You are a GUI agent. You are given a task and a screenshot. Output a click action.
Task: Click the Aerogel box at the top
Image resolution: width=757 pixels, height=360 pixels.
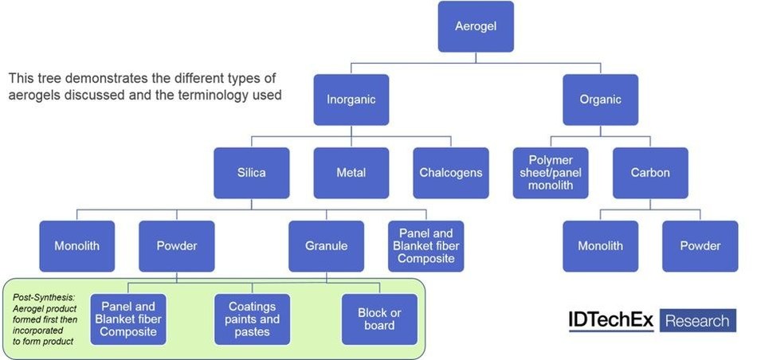click(476, 27)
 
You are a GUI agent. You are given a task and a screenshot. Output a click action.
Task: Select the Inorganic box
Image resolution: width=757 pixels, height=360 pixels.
click(351, 100)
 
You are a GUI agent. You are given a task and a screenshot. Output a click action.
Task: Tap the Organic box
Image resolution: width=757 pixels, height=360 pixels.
click(600, 100)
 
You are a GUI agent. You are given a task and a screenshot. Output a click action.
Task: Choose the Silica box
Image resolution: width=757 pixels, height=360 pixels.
click(252, 172)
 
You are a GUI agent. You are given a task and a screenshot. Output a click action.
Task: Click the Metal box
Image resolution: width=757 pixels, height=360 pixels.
click(351, 172)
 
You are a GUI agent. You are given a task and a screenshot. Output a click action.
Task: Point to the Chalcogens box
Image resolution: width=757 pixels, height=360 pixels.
click(450, 172)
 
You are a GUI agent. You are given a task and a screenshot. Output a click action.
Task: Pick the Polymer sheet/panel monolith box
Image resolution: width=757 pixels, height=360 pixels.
click(551, 172)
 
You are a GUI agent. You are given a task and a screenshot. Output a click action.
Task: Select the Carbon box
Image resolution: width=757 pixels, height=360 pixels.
click(650, 172)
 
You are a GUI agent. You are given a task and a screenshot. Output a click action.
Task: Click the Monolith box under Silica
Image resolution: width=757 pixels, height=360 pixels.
click(77, 246)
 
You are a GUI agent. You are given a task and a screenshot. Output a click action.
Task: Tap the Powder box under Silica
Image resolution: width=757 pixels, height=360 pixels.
click(177, 246)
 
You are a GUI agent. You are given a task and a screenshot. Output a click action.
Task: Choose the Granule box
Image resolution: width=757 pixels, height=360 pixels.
click(327, 246)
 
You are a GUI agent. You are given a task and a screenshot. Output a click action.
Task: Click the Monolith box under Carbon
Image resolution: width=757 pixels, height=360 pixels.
click(600, 246)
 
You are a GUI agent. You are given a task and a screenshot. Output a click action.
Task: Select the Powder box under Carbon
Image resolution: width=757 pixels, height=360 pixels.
click(700, 246)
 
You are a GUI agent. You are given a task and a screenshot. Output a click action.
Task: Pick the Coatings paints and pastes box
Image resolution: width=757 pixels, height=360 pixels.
click(252, 319)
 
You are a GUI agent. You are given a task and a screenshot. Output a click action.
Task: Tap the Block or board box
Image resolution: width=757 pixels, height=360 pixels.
click(378, 319)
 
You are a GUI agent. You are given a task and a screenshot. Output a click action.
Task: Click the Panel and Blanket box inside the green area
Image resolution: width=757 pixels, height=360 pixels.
click(127, 319)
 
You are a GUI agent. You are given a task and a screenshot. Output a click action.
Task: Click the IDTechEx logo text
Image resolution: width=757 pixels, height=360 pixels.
click(610, 320)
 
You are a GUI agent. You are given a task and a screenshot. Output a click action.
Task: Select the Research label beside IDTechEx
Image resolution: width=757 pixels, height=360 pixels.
click(696, 321)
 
